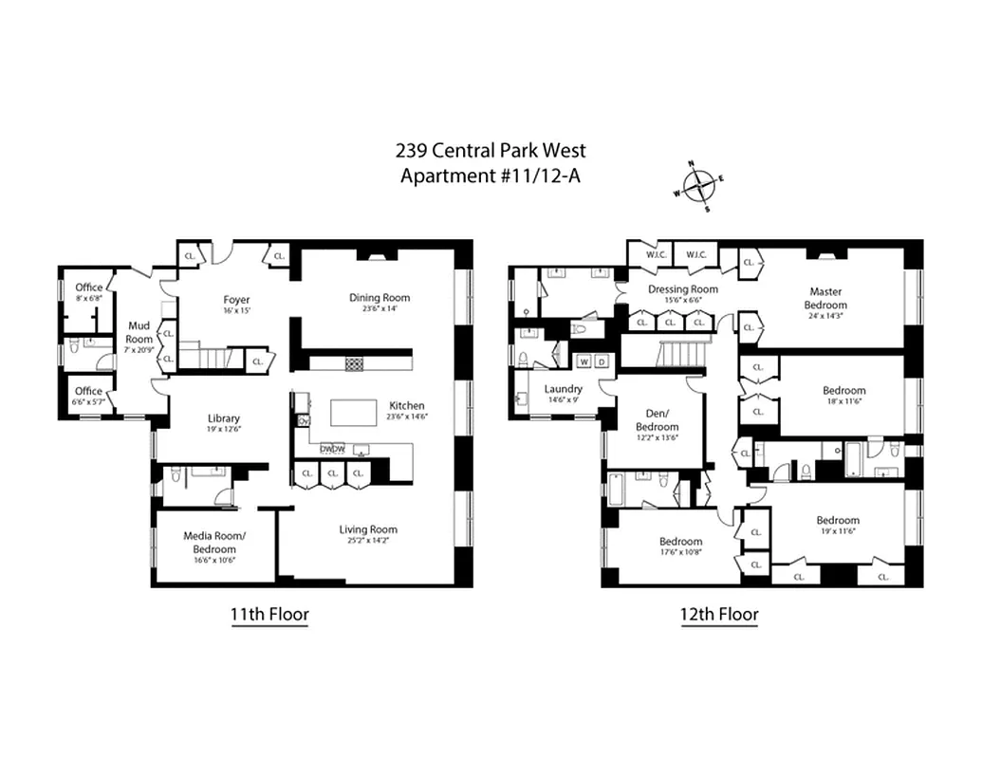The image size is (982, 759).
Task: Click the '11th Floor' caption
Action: [269, 614]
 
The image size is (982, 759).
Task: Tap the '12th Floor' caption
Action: [719, 614]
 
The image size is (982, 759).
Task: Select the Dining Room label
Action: [379, 298]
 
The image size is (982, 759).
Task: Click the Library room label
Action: [224, 418]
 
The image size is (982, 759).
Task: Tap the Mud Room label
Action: [139, 332]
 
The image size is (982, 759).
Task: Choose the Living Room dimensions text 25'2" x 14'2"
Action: [368, 542]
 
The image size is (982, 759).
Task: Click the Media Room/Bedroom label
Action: [214, 542]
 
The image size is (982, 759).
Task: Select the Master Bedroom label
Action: [825, 298]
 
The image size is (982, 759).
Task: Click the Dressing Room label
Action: [682, 288]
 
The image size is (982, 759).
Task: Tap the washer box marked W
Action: [584, 361]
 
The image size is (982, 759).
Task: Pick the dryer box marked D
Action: [602, 361]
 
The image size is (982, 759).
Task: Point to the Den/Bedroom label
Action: [657, 421]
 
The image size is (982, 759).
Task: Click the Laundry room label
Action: [563, 389]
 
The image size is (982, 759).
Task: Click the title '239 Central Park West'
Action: [491, 150]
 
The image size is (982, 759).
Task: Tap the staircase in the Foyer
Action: [206, 357]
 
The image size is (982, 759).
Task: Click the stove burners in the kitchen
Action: [354, 363]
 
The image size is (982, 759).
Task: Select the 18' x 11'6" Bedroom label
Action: [843, 390]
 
